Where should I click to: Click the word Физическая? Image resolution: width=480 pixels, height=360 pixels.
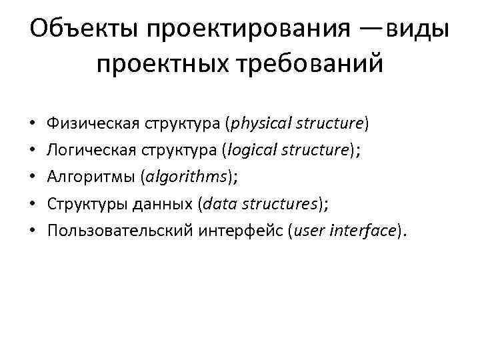coord(88,125)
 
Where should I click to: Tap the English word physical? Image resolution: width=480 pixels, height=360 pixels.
coord(259,125)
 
